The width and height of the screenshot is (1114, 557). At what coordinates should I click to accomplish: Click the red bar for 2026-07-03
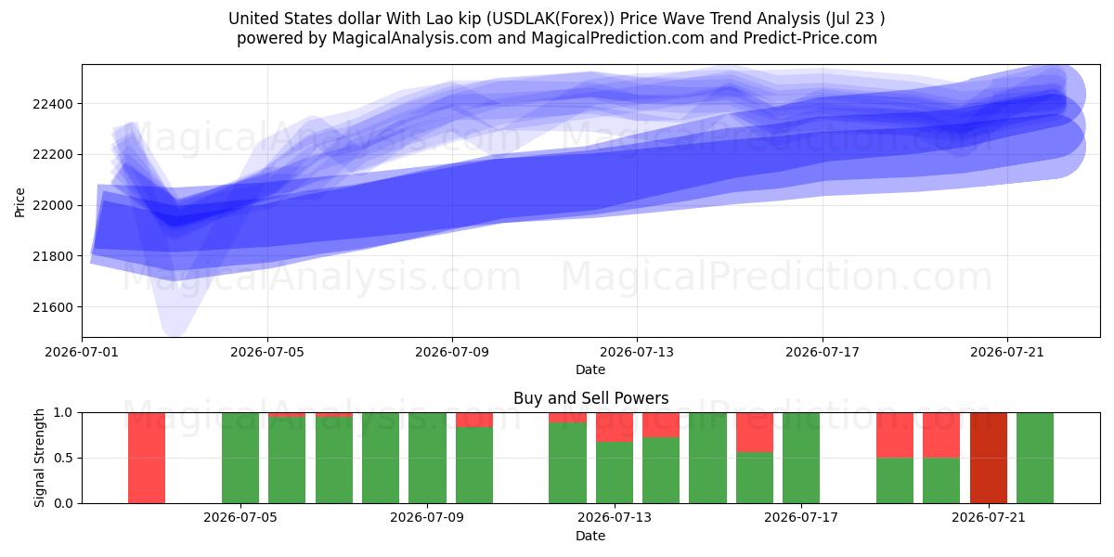click(147, 458)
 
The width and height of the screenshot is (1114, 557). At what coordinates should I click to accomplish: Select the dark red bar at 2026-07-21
click(989, 458)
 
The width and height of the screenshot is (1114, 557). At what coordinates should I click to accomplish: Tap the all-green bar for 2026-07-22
click(1035, 458)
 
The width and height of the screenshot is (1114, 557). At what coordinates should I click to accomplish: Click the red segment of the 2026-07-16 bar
click(755, 433)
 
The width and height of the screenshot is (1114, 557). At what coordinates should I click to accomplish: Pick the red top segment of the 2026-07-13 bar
click(615, 427)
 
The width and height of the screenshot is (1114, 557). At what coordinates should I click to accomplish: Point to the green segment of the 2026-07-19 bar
click(895, 481)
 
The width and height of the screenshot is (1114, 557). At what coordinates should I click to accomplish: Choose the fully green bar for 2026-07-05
click(240, 458)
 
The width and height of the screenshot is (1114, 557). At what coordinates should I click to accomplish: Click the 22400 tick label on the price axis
click(53, 104)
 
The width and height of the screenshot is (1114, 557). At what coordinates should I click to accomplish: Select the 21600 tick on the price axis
click(53, 307)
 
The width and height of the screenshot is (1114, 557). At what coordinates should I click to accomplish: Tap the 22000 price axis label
click(53, 205)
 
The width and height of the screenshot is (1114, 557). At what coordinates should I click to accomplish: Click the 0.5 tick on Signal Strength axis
click(63, 458)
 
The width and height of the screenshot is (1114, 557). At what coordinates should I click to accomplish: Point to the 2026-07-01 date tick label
click(82, 352)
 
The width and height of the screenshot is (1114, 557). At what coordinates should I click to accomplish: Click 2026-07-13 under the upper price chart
click(637, 352)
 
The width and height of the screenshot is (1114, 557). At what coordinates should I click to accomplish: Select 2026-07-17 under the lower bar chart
click(801, 517)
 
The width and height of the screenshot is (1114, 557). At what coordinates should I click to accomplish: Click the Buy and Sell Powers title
click(590, 398)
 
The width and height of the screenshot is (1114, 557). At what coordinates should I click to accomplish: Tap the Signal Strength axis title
click(39, 458)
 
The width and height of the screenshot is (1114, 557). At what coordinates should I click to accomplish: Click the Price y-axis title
click(19, 202)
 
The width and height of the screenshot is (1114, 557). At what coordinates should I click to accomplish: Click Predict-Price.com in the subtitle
click(810, 38)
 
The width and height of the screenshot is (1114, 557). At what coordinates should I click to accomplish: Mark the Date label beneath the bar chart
click(590, 536)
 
